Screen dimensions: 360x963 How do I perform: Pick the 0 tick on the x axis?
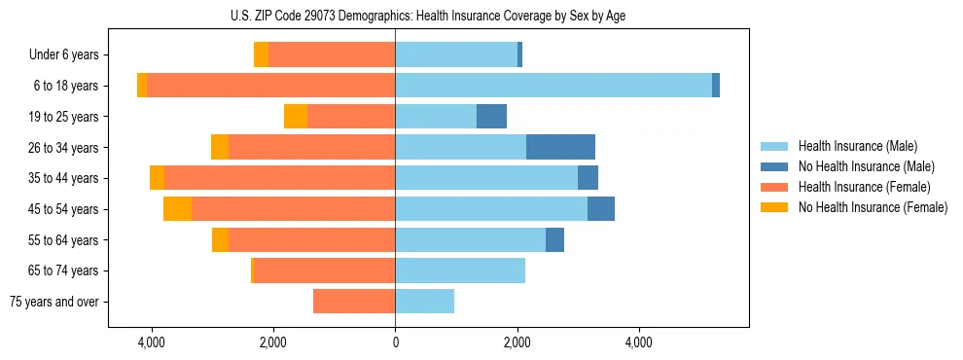(x=395, y=342)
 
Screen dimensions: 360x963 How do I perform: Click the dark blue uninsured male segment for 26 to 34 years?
(x=560, y=147)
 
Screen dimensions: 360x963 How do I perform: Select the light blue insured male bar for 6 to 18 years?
(x=553, y=86)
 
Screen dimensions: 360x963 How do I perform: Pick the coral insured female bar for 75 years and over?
(x=354, y=302)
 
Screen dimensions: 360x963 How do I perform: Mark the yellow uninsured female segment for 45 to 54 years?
(x=177, y=209)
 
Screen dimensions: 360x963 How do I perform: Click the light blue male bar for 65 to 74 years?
(x=460, y=270)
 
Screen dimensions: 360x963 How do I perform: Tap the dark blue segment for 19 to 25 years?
(x=491, y=117)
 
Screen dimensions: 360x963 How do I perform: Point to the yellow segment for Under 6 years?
(x=261, y=54)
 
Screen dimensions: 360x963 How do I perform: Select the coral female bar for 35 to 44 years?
(x=280, y=178)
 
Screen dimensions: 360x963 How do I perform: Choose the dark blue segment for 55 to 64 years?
(x=554, y=239)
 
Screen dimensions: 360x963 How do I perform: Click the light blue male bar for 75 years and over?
(x=424, y=302)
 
